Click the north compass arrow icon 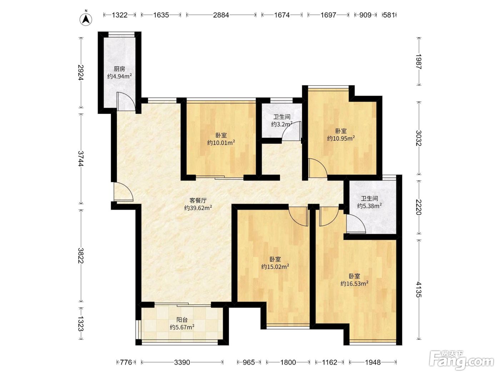pyautogui.click(x=86, y=19)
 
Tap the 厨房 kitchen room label pyautogui.click(x=119, y=69)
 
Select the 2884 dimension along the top pyautogui.click(x=221, y=15)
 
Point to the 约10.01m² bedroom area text pyautogui.click(x=221, y=143)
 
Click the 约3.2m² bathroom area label pyautogui.click(x=282, y=124)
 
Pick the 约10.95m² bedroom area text pyautogui.click(x=341, y=138)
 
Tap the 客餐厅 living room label pyautogui.click(x=198, y=200)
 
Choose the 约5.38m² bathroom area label pyautogui.click(x=370, y=206)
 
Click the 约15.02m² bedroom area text pyautogui.click(x=275, y=266)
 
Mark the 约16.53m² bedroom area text pyautogui.click(x=354, y=284)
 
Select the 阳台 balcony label pyautogui.click(x=182, y=320)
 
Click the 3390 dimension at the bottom pyautogui.click(x=182, y=362)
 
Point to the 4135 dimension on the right pyautogui.click(x=419, y=289)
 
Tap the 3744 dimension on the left pyautogui.click(x=81, y=159)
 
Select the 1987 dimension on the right pyautogui.click(x=419, y=61)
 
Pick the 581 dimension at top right pyautogui.click(x=389, y=15)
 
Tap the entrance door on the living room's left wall pyautogui.click(x=123, y=192)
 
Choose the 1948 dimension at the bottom pyautogui.click(x=373, y=362)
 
